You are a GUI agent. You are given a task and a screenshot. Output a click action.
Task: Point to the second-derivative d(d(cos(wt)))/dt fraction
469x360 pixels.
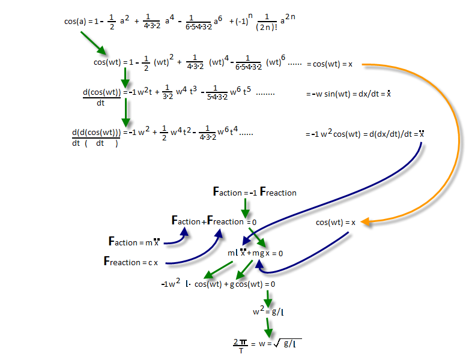point(96,137)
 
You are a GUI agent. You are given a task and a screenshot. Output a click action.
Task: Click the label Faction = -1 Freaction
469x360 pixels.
point(255,193)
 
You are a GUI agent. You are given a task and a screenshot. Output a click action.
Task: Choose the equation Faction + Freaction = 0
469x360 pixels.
point(214,221)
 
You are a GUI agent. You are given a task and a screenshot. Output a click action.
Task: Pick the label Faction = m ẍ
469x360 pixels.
point(134,242)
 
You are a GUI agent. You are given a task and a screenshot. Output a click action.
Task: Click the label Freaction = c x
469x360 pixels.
point(132,262)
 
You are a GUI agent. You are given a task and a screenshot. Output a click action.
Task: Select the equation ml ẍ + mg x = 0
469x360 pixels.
point(255,253)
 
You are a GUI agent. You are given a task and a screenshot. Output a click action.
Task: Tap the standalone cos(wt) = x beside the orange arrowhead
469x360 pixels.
point(336,223)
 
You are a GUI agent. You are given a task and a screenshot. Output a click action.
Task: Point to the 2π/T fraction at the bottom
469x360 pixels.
point(240,345)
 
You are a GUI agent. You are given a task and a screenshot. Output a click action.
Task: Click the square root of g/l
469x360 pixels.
point(286,343)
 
